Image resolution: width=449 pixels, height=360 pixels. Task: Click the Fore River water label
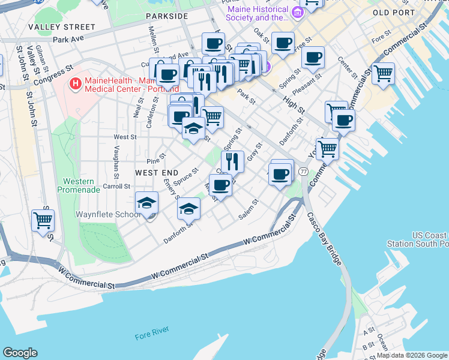[152, 329]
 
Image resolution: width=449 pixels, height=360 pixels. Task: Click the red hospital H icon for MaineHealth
[76, 83]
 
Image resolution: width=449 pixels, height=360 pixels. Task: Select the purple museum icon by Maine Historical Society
[296, 12]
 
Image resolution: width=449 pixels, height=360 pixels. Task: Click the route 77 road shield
[304, 172]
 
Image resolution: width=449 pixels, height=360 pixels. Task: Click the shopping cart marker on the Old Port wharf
[383, 74]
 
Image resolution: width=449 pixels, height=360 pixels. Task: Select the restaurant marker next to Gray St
[232, 161]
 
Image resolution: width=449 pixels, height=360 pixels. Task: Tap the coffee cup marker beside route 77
[281, 174]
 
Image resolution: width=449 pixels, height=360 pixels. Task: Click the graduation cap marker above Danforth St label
[188, 208]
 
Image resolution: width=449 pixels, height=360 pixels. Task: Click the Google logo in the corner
[20, 352]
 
